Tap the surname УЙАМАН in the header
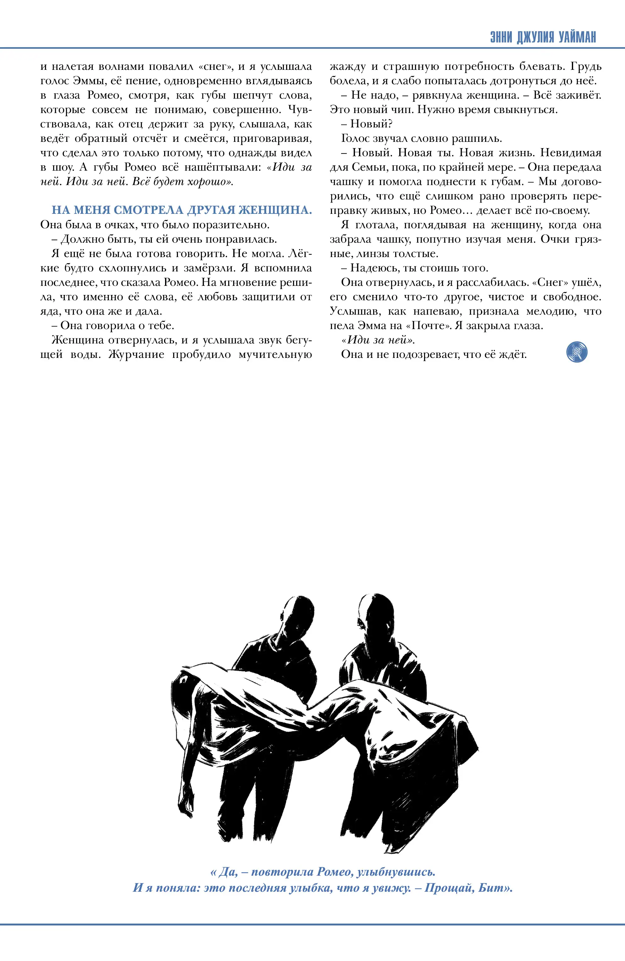[x=577, y=37]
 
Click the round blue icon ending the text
[x=577, y=352]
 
